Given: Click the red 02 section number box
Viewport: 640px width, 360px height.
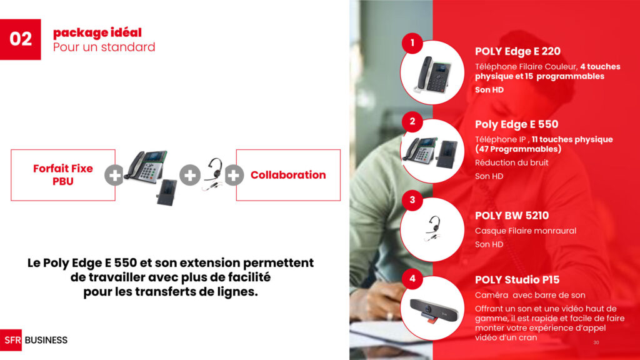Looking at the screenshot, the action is tap(21, 39).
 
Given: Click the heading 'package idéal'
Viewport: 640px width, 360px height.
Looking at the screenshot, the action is tap(97, 32).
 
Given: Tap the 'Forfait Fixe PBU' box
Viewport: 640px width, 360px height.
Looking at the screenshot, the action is tap(63, 175).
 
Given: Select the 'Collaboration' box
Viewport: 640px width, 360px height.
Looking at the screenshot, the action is tap(288, 175).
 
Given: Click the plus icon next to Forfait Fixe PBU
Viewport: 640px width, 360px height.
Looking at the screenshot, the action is tap(114, 176).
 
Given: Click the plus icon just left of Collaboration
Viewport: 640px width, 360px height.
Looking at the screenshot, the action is tap(234, 176).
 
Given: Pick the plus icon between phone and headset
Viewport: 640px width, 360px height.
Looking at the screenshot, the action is tap(190, 176).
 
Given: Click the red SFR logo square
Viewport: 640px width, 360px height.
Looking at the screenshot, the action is tap(11, 340).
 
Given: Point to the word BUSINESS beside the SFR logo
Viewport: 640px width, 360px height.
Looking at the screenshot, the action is tap(46, 340).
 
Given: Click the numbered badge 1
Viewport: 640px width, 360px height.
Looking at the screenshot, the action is tap(412, 43).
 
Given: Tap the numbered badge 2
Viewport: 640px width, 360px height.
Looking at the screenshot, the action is tap(412, 122).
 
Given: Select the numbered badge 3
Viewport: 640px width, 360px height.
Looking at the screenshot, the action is tap(412, 200).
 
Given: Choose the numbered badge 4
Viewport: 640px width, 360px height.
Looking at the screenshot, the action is tap(412, 279).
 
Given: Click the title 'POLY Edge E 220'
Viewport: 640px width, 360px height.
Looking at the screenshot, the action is tap(517, 51).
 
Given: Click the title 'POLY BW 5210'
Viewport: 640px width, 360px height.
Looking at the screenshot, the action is tap(512, 216).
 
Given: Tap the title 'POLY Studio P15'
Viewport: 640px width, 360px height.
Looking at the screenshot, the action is tap(517, 280).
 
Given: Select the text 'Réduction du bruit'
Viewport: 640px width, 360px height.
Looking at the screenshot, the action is tap(511, 162).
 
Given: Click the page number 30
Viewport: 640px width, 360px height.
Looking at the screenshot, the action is tap(596, 342).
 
